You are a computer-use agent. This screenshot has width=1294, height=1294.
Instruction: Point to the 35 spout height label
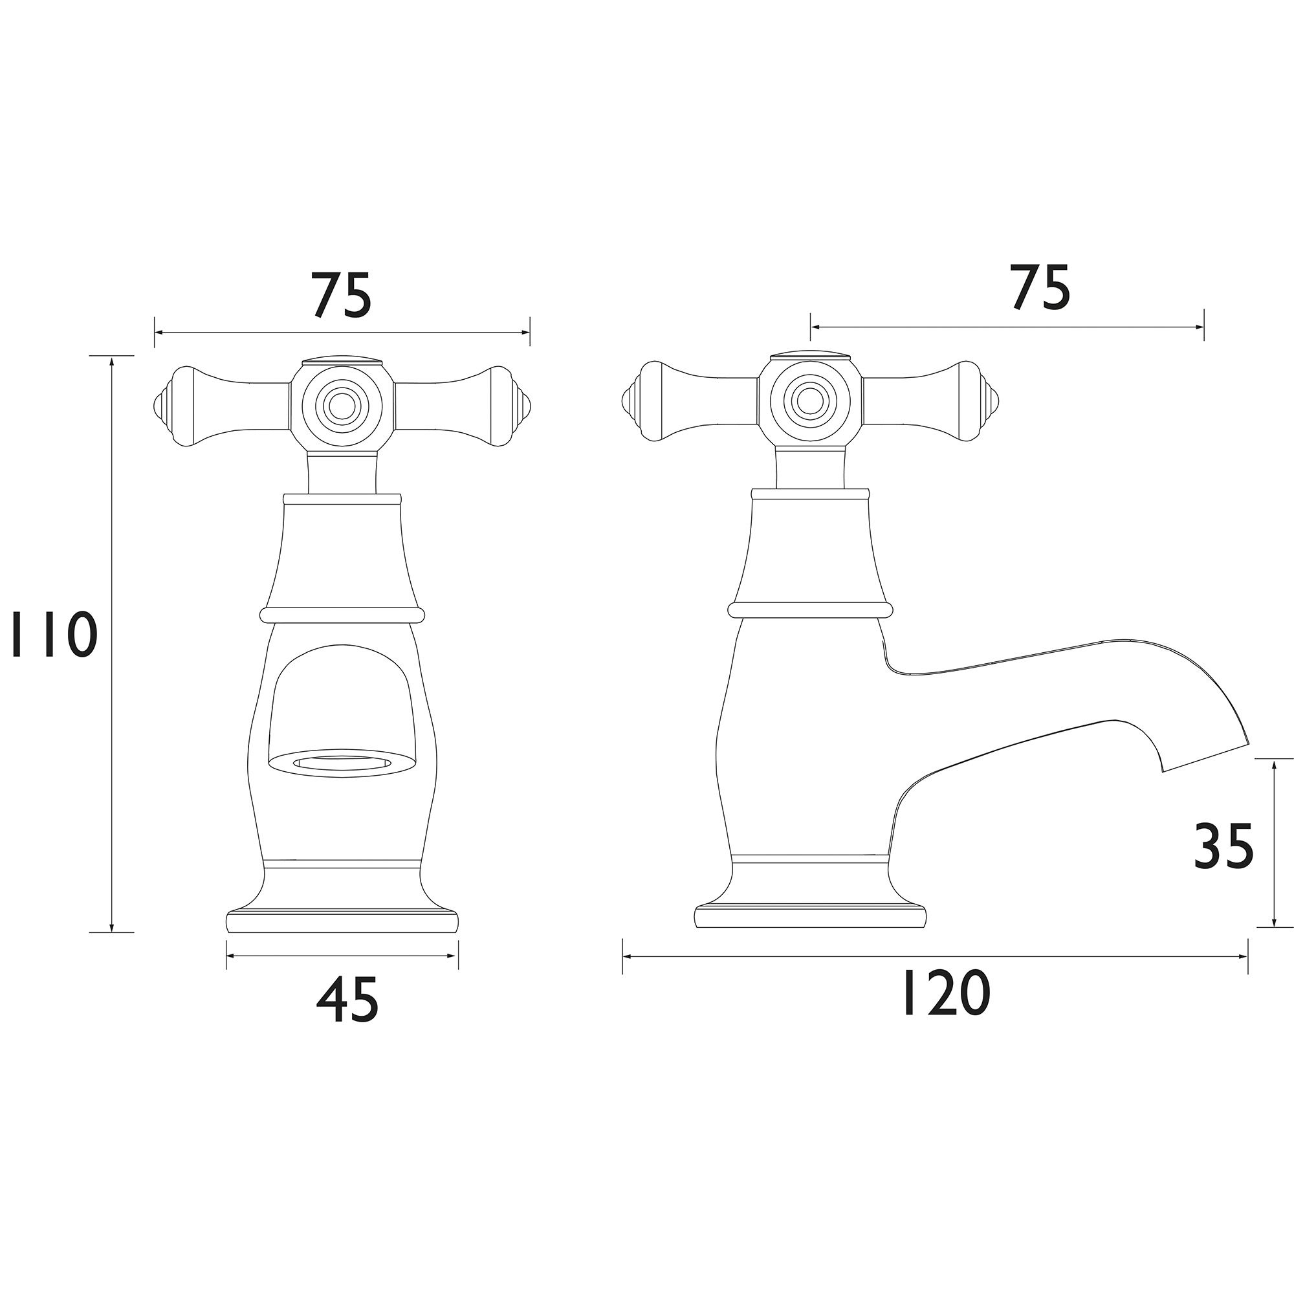coord(1223,846)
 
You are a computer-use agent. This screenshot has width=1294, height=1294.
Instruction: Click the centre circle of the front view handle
coord(342,404)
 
